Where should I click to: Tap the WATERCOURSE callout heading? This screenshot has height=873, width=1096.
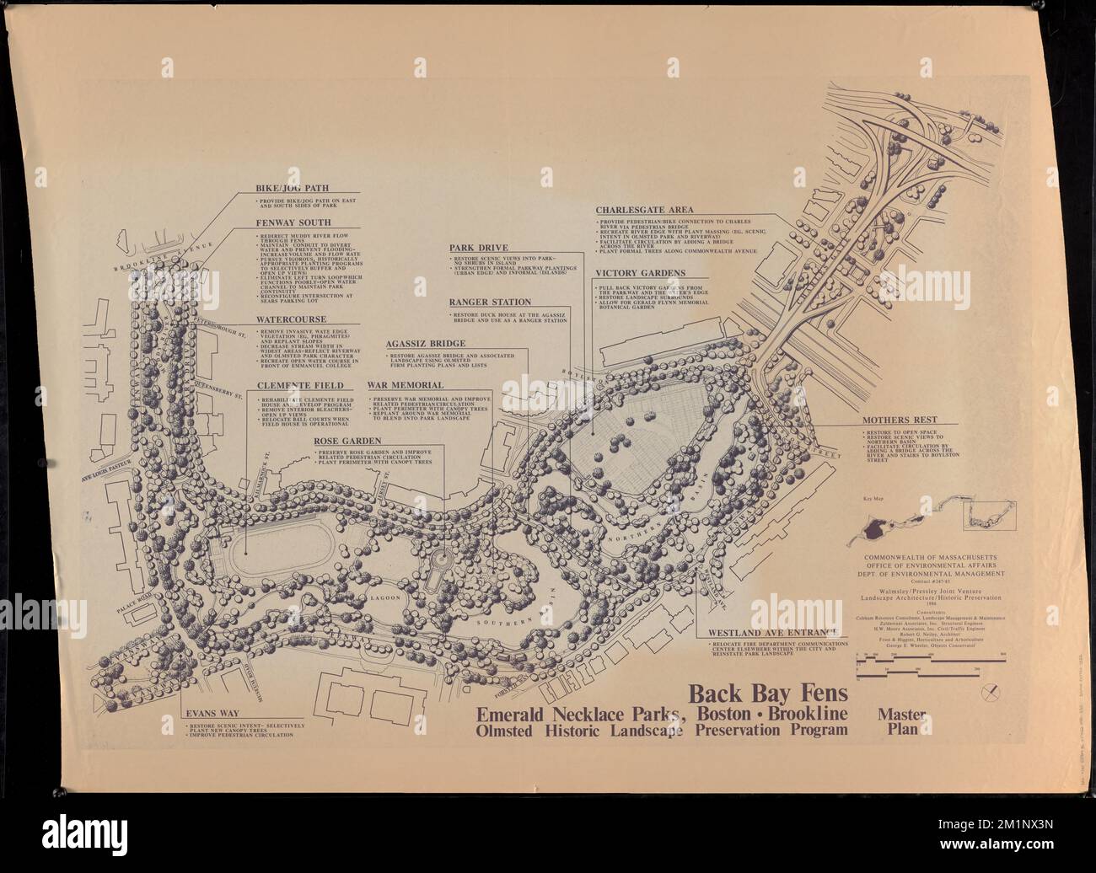click(286, 320)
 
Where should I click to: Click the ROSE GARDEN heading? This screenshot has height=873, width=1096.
click(347, 441)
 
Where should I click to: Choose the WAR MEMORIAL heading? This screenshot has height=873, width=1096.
click(405, 385)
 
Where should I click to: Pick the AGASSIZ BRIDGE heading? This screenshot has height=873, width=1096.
click(426, 344)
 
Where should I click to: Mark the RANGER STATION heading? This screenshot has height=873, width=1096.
click(490, 302)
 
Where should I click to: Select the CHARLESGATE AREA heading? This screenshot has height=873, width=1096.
click(645, 210)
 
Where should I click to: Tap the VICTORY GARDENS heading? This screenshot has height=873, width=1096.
click(640, 273)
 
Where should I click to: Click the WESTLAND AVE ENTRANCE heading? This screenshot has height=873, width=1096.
click(769, 632)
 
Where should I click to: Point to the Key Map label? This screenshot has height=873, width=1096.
click(871, 500)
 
